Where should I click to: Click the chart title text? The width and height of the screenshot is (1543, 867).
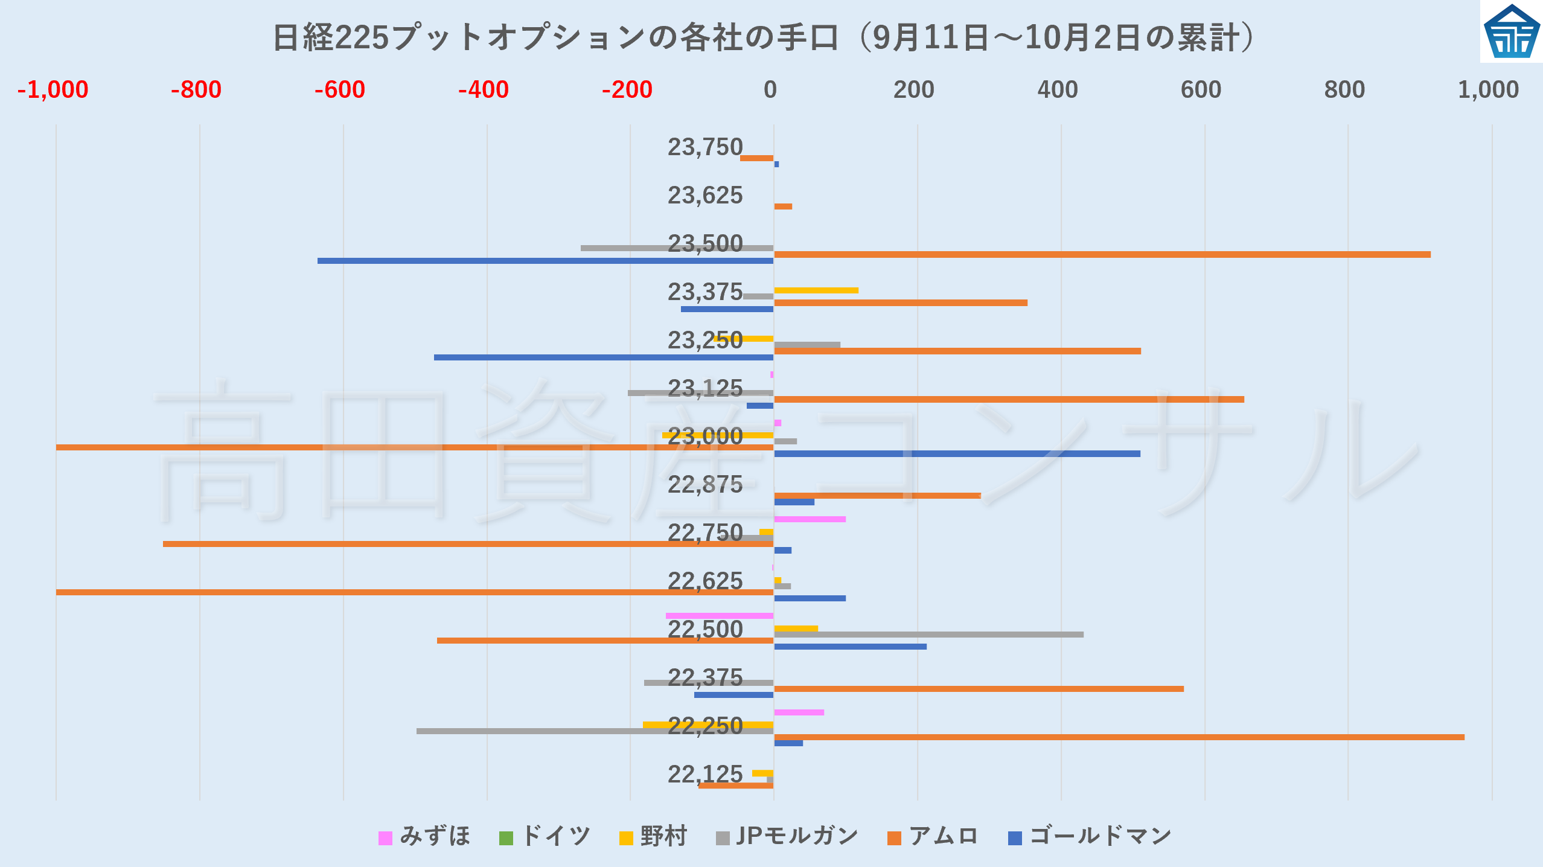coord(764,37)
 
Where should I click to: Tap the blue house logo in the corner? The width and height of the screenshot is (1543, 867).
coord(1511,31)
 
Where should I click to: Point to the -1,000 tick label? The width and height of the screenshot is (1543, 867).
coord(53,90)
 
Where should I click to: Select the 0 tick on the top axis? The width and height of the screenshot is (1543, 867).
coord(770,90)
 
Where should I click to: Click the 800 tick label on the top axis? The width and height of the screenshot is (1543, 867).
coord(1344,90)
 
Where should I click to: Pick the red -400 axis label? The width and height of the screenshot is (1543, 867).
coord(483,90)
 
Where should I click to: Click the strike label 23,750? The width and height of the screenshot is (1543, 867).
coord(704,147)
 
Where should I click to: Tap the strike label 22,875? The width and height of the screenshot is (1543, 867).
coord(704,485)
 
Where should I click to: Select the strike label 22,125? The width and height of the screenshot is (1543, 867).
coord(704,774)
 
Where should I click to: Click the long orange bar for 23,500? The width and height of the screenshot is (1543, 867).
coord(1102,255)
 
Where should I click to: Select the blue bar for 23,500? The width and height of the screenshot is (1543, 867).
coord(545,261)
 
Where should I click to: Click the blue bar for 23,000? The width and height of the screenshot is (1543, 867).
coord(957,453)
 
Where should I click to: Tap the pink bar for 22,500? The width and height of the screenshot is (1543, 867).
coord(719,616)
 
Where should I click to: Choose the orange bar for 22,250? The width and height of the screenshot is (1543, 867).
coord(1119,737)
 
